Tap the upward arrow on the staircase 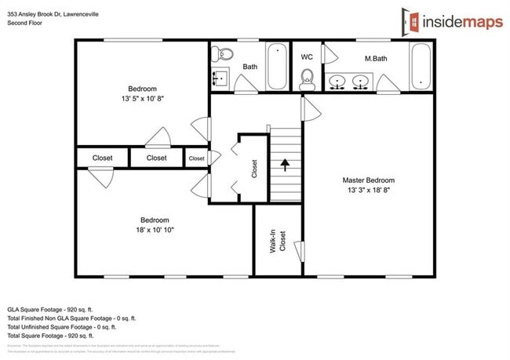point(285,165)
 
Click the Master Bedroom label point(368,180)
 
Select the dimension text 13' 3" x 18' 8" point(368,190)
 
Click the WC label point(308,57)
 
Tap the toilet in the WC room point(308,77)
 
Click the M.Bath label point(374,59)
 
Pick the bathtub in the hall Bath point(276,67)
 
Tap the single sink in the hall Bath point(219,78)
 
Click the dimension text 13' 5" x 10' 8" point(142,99)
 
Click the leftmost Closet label point(102,158)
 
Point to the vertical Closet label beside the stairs point(254,169)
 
